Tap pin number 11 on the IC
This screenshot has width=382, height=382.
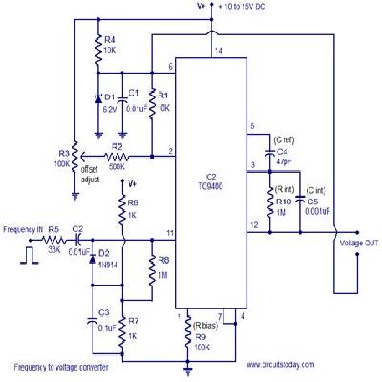pos(170,232)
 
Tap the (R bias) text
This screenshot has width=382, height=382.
pos(209,326)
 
